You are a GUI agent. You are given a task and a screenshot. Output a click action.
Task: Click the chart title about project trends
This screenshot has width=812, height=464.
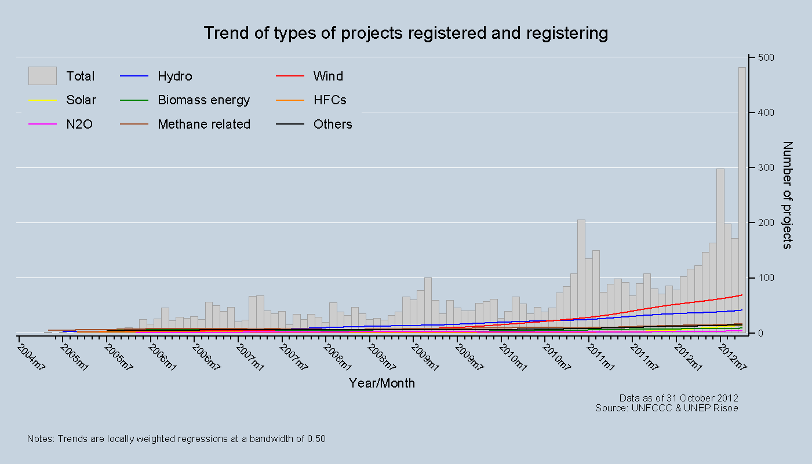click(406, 33)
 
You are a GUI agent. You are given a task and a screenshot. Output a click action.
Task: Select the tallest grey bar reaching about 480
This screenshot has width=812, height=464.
click(742, 197)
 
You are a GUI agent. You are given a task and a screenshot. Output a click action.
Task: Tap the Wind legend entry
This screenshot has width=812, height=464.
click(328, 76)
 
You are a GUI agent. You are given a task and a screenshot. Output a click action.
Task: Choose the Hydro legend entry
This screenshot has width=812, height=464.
click(174, 76)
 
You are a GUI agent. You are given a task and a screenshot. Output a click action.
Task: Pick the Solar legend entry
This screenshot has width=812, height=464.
click(81, 100)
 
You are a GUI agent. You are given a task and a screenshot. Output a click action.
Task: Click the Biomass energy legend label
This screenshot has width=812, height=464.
click(203, 100)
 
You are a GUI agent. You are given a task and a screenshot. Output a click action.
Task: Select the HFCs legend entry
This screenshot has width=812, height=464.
click(330, 100)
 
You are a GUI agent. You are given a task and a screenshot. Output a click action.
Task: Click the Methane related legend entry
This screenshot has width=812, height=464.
click(204, 124)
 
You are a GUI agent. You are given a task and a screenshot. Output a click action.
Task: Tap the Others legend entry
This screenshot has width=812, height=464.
click(333, 124)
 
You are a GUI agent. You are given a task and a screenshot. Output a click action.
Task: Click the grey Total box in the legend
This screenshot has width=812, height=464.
click(42, 76)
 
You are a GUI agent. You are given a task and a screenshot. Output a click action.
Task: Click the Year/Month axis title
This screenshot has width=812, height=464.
click(382, 383)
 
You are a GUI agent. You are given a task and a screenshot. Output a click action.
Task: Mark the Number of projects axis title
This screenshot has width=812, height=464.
click(787, 195)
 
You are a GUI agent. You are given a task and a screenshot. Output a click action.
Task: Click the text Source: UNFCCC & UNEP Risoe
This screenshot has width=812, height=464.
click(667, 408)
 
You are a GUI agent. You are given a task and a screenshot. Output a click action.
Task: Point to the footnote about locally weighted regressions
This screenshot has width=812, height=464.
click(176, 439)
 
